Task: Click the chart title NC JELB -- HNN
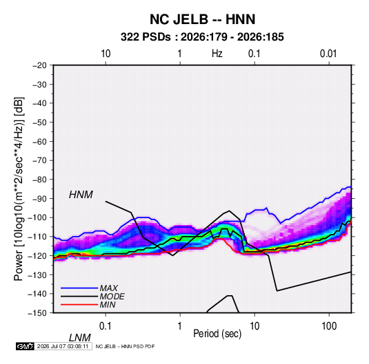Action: (x=202, y=19)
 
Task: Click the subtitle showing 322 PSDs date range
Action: (x=202, y=37)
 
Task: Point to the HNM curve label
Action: (x=81, y=195)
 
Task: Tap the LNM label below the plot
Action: (x=79, y=338)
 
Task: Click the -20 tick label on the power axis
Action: (x=39, y=65)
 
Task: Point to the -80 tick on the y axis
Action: (x=39, y=180)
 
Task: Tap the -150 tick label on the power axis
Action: (x=37, y=313)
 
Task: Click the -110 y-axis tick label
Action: (x=37, y=237)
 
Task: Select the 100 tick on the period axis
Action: (x=329, y=325)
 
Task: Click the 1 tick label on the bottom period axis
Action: (x=179, y=325)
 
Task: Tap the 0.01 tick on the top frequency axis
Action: (x=328, y=54)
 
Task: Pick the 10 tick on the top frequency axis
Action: (x=106, y=54)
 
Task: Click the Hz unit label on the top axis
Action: (x=217, y=54)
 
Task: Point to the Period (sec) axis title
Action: (x=217, y=334)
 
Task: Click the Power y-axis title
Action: (x=19, y=189)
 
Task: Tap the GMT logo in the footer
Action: (x=25, y=346)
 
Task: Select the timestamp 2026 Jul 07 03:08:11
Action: (x=63, y=346)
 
